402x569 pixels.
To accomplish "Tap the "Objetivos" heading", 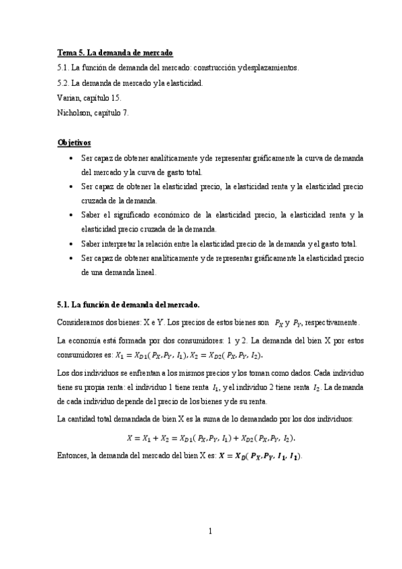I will pos(74,143).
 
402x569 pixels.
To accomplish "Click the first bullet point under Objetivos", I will pos(72,157).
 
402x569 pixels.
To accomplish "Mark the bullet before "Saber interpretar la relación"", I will pos(72,244).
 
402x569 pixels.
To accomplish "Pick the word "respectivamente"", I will pos(336,321).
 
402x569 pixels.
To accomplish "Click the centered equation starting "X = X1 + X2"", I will pos(211,438).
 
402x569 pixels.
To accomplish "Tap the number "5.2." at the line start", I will pos(64,83).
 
